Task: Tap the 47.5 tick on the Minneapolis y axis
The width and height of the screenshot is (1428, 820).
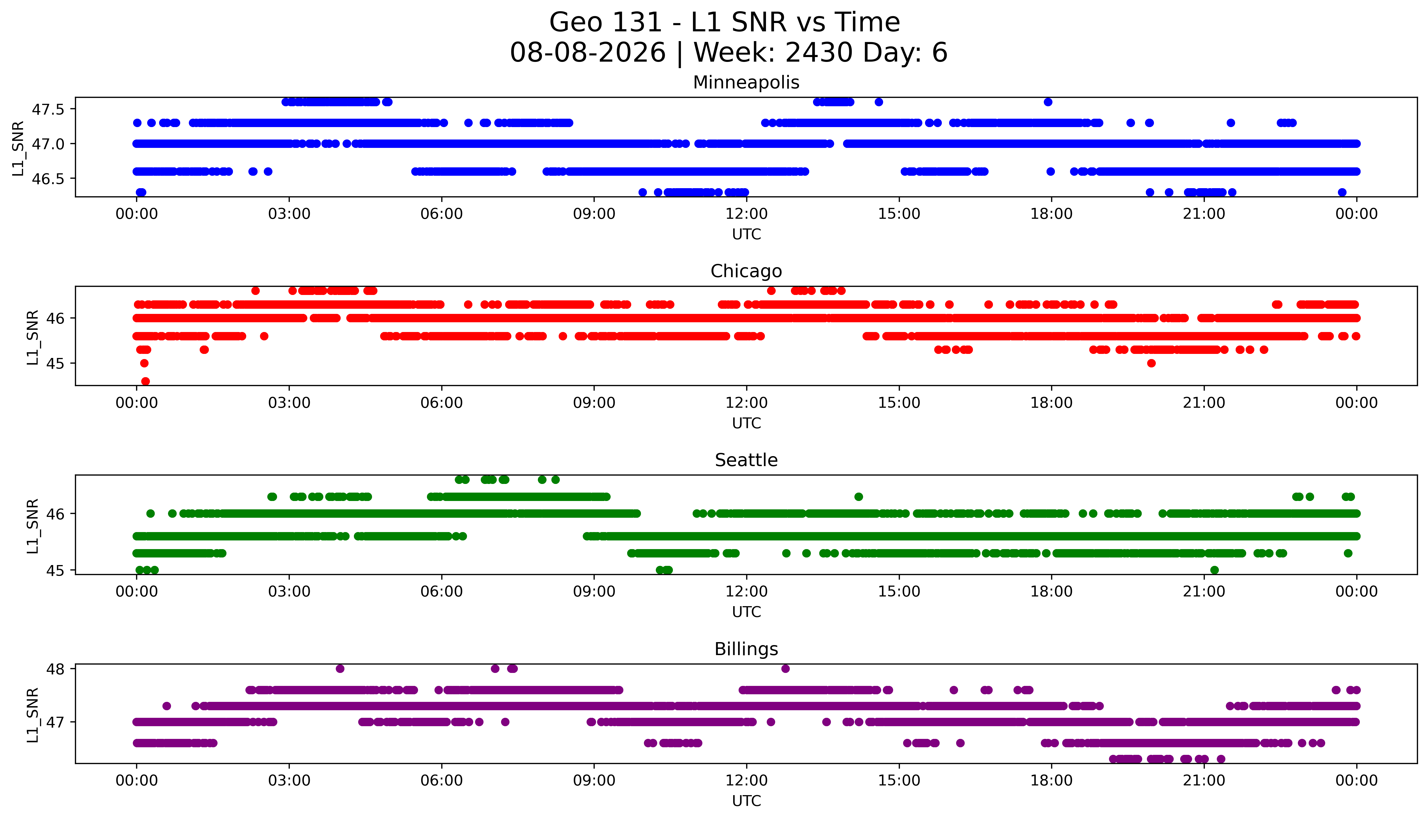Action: [48, 109]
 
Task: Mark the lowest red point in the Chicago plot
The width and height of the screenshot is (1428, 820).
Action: [145, 381]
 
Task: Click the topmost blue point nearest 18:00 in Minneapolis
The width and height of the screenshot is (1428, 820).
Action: [1048, 102]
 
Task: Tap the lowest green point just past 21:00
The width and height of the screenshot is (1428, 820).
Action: [1215, 570]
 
